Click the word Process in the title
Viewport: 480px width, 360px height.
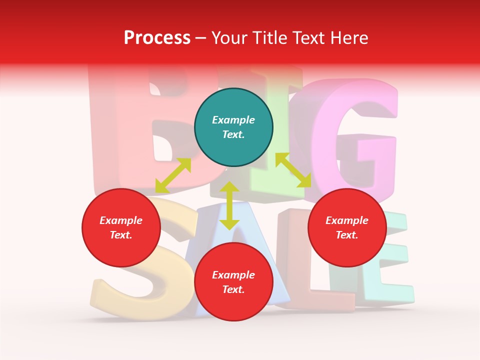(157, 37)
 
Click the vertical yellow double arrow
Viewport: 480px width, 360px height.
(229, 205)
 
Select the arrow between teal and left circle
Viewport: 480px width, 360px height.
(173, 175)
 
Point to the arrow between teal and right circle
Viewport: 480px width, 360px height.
(293, 170)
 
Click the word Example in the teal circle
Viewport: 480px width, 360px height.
(233, 120)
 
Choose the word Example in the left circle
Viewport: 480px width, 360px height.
(121, 220)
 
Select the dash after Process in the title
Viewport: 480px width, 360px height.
(201, 38)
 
